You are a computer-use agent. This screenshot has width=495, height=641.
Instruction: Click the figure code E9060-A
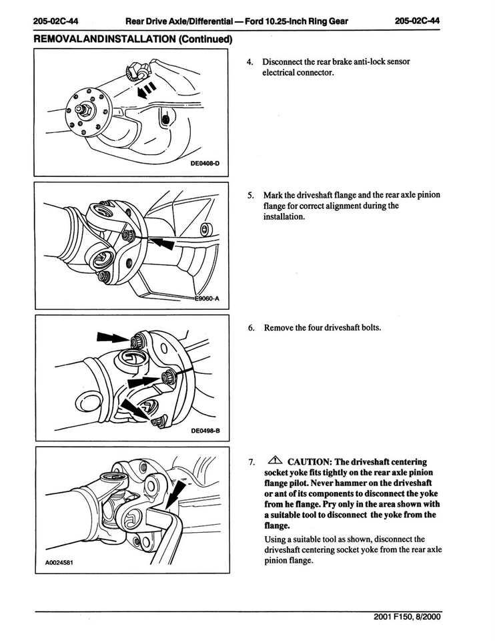[209, 299]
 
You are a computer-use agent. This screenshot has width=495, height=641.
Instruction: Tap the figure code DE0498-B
[205, 431]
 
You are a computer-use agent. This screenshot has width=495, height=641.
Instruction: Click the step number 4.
[250, 62]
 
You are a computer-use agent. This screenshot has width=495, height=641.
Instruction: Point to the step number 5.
[250, 195]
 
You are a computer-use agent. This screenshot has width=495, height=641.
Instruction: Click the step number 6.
[250, 328]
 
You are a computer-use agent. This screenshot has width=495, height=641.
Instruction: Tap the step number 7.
[250, 461]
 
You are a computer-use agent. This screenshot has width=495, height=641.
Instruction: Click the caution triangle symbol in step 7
[276, 461]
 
